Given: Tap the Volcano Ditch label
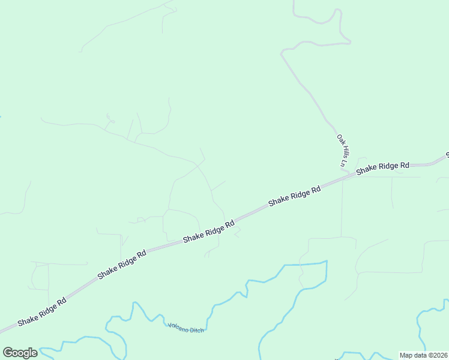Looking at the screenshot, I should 186,328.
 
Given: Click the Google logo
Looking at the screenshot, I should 20,353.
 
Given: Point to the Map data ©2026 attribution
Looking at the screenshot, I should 423,355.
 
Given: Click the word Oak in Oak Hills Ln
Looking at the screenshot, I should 340,139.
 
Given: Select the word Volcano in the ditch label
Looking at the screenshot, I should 178,326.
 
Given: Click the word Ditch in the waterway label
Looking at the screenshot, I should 196,329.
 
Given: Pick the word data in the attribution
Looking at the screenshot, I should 419,355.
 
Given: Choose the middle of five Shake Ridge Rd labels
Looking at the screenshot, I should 208,231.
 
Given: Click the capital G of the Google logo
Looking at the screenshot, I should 8,353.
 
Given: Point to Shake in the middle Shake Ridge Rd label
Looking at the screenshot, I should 194,236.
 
